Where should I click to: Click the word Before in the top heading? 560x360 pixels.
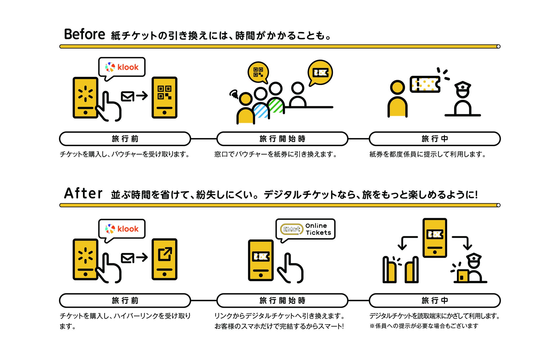click(84, 34)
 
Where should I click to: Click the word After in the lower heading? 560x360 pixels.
click(83, 193)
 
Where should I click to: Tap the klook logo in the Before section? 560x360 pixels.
click(122, 67)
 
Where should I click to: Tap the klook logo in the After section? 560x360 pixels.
click(122, 229)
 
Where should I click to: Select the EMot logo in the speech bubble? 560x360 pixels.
click(291, 229)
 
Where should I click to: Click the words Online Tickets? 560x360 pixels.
click(318, 229)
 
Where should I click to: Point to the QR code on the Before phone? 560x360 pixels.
click(164, 92)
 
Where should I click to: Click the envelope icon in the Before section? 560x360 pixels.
click(127, 96)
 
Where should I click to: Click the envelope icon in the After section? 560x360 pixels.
click(127, 258)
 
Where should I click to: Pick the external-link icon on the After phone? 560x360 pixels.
click(165, 254)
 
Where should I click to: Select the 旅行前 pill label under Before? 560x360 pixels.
click(125, 139)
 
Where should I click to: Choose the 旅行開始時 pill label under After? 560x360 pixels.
click(282, 301)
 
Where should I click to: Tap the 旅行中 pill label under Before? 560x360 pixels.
click(435, 139)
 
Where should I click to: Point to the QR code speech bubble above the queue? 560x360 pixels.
click(258, 72)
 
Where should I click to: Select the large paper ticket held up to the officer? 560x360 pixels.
click(425, 84)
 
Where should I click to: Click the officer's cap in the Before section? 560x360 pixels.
click(463, 86)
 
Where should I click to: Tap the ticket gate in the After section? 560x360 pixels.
click(400, 270)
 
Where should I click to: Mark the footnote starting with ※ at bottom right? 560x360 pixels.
click(424, 326)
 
